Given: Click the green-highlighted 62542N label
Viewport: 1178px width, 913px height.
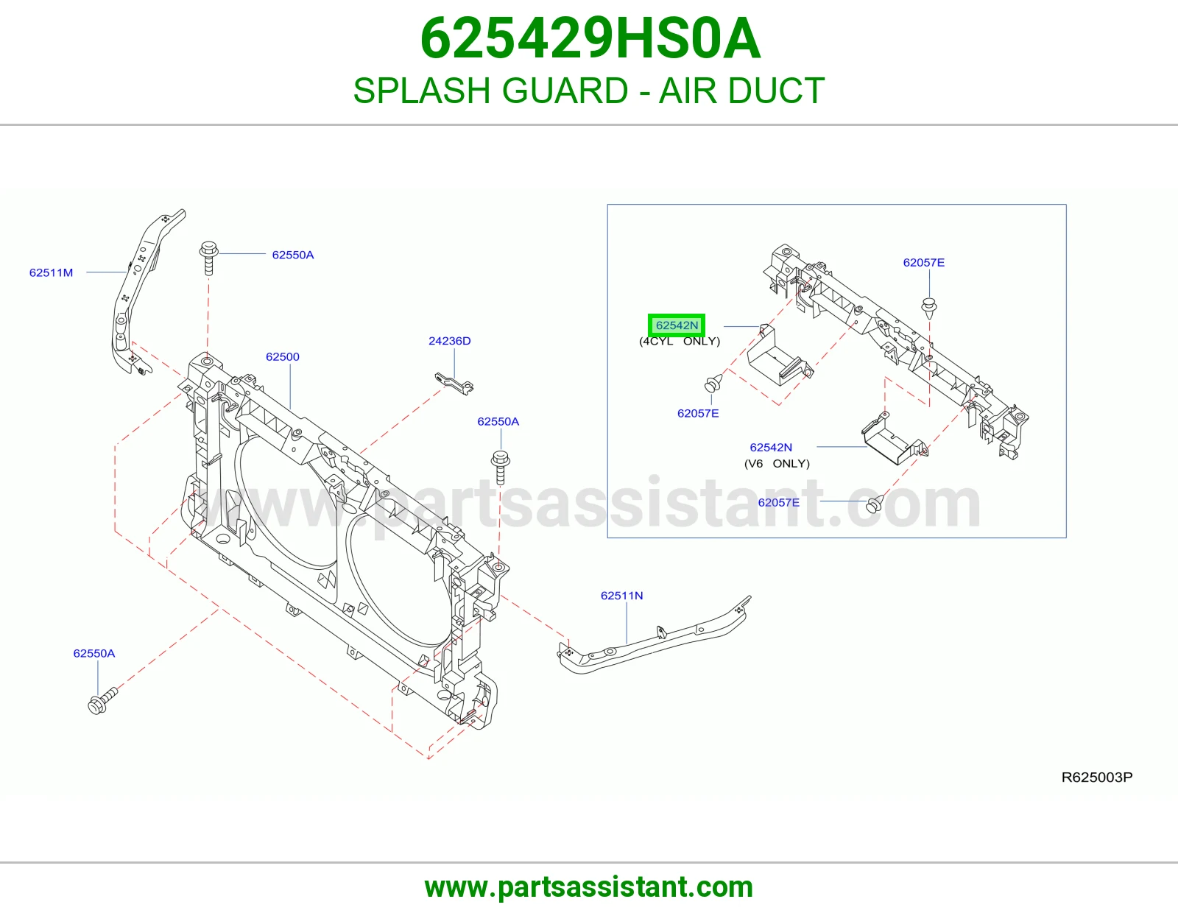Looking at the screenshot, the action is pyautogui.click(x=677, y=325).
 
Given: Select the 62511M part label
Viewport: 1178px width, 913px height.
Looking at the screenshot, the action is pyautogui.click(x=51, y=272).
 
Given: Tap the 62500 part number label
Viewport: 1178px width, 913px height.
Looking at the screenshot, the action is pyautogui.click(x=283, y=357).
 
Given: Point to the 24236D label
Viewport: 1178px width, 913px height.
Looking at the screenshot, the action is pyautogui.click(x=449, y=341).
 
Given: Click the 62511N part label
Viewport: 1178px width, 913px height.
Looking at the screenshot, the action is pyautogui.click(x=622, y=596).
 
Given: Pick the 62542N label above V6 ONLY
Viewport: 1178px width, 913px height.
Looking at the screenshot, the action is pyautogui.click(x=771, y=447).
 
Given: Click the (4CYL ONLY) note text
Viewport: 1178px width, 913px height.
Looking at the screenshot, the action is pyautogui.click(x=680, y=342).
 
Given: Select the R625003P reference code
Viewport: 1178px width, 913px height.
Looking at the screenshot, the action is pyautogui.click(x=1097, y=777).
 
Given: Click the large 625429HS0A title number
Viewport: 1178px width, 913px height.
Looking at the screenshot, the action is pyautogui.click(x=590, y=38).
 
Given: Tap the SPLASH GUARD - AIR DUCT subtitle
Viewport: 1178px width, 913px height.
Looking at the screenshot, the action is pyautogui.click(x=589, y=91).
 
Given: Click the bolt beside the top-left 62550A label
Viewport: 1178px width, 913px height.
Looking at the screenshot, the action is pyautogui.click(x=208, y=258).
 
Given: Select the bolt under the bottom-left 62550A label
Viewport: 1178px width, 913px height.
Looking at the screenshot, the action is pyautogui.click(x=102, y=701).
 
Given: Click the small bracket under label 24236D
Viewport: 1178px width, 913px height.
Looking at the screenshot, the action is pyautogui.click(x=454, y=384).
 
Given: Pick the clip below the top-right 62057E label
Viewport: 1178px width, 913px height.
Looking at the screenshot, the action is pyautogui.click(x=929, y=307).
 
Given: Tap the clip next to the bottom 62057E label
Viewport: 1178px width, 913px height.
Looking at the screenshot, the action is pyautogui.click(x=875, y=504).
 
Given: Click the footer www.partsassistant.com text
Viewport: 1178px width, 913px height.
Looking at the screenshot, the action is pyautogui.click(x=589, y=887).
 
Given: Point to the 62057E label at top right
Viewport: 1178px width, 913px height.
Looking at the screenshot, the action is pyautogui.click(x=924, y=262).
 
